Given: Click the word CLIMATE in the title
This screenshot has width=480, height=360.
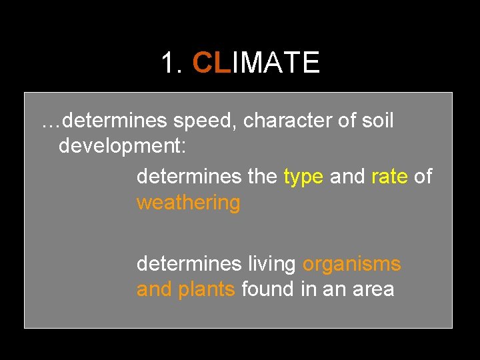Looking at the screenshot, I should coord(257,63).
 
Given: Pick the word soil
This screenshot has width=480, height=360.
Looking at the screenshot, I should coord(379,121).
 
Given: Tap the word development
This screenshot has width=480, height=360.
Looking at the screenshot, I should coord(119,146).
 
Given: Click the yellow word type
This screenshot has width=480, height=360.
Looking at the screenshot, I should coord(303,177).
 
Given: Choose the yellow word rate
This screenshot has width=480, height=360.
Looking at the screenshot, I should coord(389,177).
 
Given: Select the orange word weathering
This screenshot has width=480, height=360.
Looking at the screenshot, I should coord(188,202).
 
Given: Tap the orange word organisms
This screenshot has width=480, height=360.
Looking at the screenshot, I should coord(351,264).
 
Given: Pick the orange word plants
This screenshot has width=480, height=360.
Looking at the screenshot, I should coord(207,289).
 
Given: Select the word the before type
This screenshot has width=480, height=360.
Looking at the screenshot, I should coord(263,177).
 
